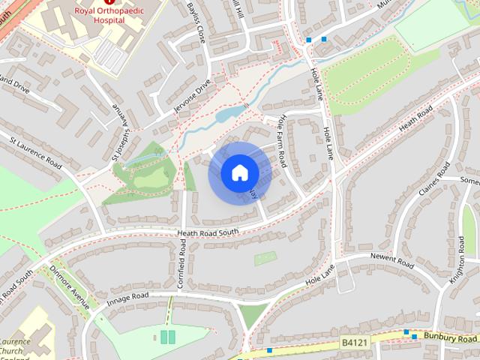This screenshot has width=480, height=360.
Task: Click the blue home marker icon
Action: point(240,173)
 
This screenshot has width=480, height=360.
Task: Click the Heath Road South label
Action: point(208,233)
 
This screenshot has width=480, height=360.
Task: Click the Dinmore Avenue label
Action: point(70,286)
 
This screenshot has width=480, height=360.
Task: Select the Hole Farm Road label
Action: point(283,140)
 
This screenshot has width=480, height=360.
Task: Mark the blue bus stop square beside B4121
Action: point(406,331)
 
